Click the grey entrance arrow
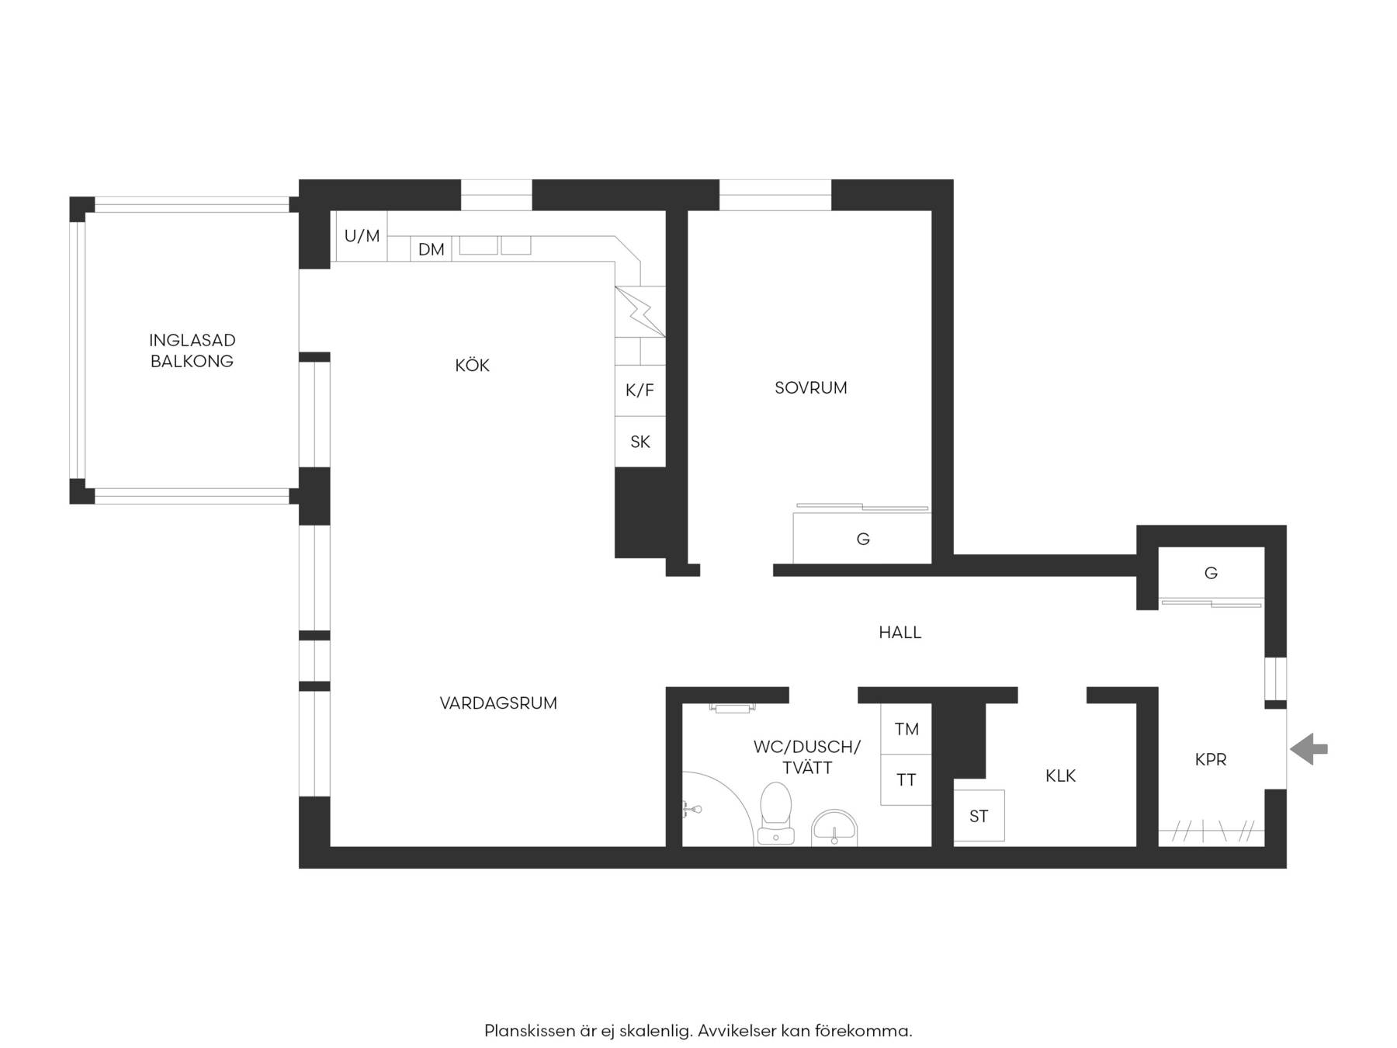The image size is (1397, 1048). point(1309,749)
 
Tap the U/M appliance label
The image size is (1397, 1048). point(362,236)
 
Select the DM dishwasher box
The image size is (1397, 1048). point(431,248)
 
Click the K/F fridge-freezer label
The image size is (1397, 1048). point(640,390)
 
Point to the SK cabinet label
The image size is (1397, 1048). point(640,442)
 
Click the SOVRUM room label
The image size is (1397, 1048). point(810,387)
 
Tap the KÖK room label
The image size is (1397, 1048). point(472,365)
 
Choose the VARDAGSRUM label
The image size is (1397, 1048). point(498,703)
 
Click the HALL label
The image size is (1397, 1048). point(900,633)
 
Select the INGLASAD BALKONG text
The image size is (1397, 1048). point(192,350)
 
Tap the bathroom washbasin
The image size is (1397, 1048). point(834,828)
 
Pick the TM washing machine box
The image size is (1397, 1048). point(906,728)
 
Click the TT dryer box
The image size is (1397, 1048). point(906,779)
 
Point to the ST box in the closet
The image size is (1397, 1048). point(979,816)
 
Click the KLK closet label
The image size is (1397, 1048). point(1060,776)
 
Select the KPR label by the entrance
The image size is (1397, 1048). point(1210,760)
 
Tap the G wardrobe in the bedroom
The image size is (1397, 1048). point(862,537)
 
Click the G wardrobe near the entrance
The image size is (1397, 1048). point(1211,573)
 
